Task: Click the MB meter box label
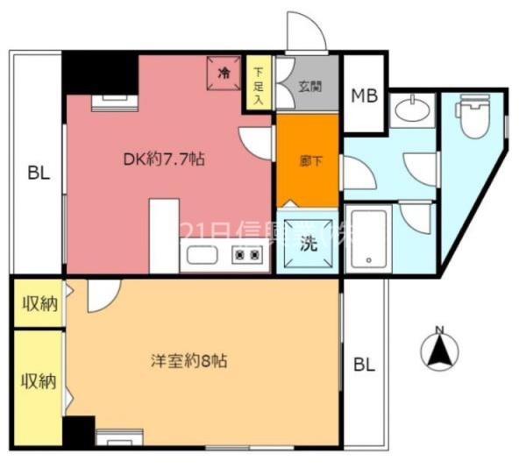pos(364,96)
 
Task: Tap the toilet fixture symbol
pos(472,116)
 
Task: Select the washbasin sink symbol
pos(409,110)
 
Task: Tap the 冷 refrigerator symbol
pos(224,73)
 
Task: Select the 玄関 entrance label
pos(309,87)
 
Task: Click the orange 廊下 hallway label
pos(308,161)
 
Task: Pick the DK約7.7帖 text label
pos(164,160)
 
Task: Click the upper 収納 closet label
pos(39,304)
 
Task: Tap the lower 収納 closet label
pos(39,381)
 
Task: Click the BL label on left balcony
pos(37,173)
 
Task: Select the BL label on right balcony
pos(364,365)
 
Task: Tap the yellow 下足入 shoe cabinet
pos(259,85)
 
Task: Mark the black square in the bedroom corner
pos(79,431)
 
